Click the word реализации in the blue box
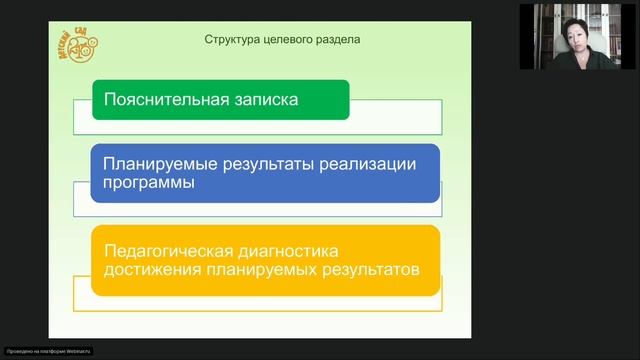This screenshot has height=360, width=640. point(365,163)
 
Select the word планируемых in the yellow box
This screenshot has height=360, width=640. point(261,269)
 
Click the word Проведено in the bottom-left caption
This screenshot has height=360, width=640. point(18,353)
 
